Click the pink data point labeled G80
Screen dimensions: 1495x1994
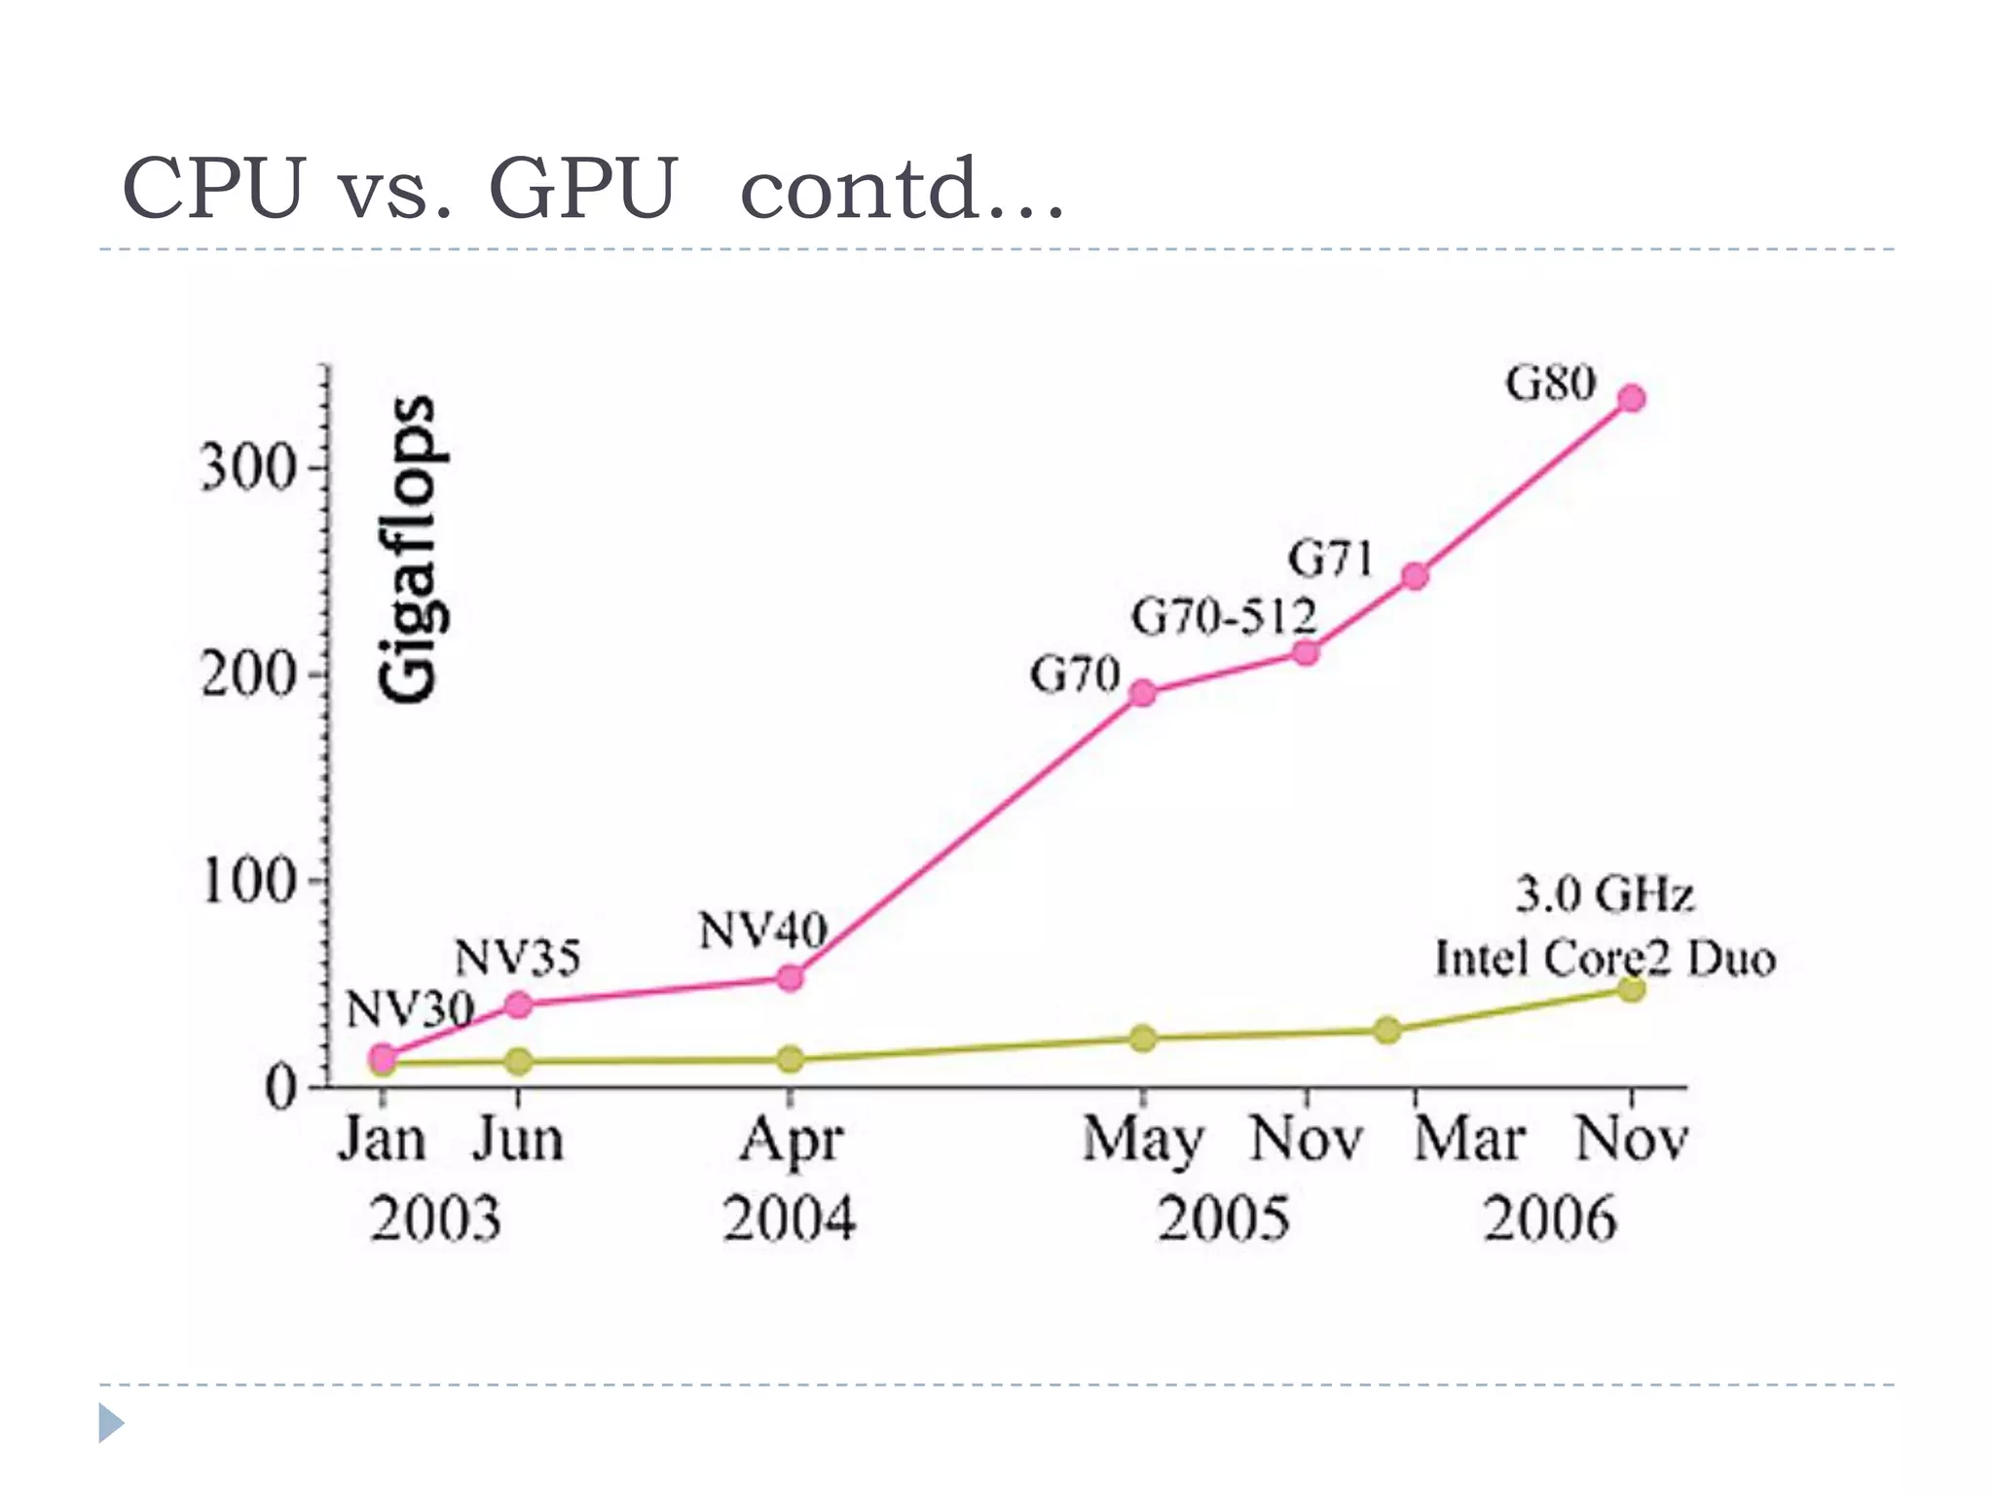pos(1632,398)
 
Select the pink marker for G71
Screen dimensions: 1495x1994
pos(1415,576)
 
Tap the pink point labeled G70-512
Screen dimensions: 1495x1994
pos(1306,652)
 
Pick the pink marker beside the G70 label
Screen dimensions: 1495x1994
pos(1143,693)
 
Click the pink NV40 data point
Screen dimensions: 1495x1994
pos(791,977)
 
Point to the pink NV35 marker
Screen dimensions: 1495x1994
pos(519,1004)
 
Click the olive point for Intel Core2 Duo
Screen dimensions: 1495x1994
pos(1632,989)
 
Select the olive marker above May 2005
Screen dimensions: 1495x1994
pos(1143,1039)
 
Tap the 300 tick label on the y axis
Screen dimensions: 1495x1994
pos(247,468)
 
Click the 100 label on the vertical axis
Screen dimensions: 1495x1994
pos(247,882)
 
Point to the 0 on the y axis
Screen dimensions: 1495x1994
pos(280,1088)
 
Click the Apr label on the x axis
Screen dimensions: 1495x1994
pos(791,1141)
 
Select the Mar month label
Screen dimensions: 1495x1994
pos(1468,1139)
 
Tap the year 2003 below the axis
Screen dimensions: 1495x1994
pos(435,1219)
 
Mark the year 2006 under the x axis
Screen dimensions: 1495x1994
pos(1549,1219)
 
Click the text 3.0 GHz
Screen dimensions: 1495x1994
pos(1605,894)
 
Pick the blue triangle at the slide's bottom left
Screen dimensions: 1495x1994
pos(111,1423)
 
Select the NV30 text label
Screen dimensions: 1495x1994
pos(410,1008)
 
